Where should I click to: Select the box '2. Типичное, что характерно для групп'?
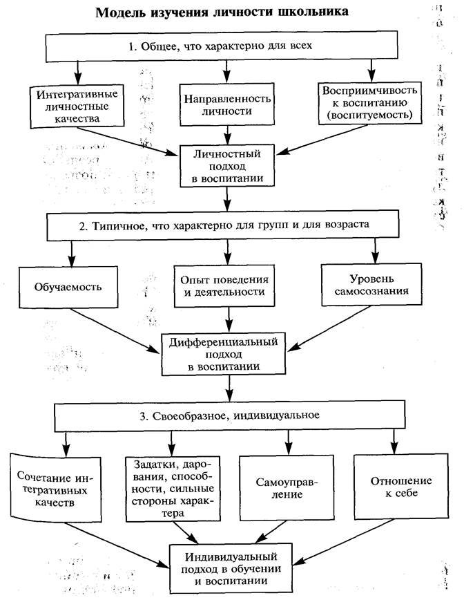tap(223, 225)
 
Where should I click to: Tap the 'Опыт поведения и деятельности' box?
tap(229, 285)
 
